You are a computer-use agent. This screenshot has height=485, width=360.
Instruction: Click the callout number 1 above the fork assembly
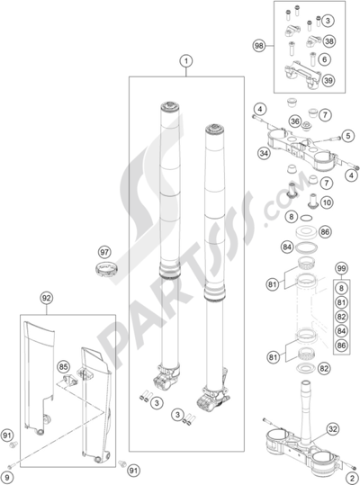click(186, 61)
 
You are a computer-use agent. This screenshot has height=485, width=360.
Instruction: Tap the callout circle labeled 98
click(259, 46)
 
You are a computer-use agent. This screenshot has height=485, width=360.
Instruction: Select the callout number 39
click(328, 80)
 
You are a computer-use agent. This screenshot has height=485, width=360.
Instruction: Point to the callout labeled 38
click(329, 41)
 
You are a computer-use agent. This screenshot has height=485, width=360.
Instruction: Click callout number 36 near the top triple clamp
click(295, 121)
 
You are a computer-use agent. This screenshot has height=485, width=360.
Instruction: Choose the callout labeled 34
click(264, 153)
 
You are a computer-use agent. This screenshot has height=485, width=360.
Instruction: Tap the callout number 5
click(348, 136)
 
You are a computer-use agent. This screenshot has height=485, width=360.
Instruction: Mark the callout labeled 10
click(327, 202)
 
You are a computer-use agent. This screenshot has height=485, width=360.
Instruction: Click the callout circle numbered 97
click(104, 252)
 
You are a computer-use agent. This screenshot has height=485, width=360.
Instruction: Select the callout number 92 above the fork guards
click(47, 298)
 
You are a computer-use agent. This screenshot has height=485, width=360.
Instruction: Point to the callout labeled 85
click(63, 367)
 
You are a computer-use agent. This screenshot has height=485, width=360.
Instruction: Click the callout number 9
click(7, 478)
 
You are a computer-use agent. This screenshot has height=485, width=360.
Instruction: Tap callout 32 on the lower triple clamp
click(332, 429)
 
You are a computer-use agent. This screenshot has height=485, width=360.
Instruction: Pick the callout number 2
click(352, 478)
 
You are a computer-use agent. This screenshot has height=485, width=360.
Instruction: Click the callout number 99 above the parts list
click(341, 268)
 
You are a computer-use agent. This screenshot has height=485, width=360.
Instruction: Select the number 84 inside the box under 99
click(341, 331)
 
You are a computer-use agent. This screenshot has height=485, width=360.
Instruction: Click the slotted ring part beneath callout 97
click(106, 268)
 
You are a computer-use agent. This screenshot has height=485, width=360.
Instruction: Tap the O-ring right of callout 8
click(306, 219)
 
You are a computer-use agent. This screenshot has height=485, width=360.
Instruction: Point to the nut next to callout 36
click(307, 126)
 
